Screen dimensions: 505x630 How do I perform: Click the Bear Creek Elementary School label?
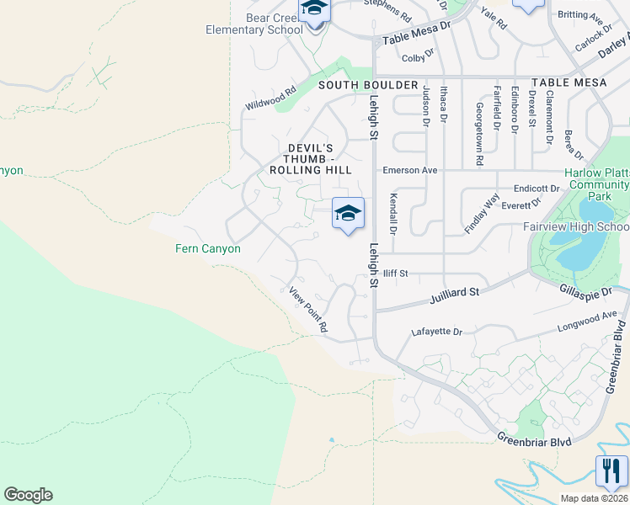point(254,24)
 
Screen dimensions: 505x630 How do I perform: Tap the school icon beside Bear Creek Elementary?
point(315,8)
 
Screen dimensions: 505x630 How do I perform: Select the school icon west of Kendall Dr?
point(348,213)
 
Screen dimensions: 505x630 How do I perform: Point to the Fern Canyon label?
point(208,248)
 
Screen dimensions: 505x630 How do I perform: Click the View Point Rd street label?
point(307,310)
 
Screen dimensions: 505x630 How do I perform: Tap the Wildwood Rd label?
point(270,98)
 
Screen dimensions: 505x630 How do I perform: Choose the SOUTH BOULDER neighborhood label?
point(368,85)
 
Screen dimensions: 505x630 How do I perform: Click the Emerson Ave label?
point(410,170)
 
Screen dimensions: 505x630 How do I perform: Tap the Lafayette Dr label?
point(437,332)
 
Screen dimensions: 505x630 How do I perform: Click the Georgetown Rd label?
point(478,133)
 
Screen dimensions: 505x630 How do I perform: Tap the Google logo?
point(28,495)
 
